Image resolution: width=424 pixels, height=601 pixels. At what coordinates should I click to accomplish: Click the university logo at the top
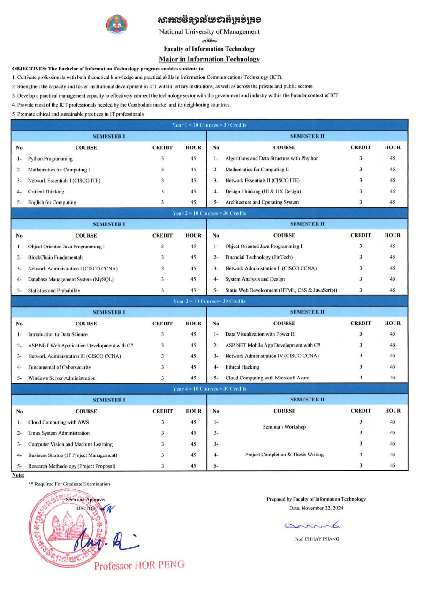(x=117, y=25)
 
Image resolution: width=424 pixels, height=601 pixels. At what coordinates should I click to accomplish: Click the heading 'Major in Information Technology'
(x=209, y=59)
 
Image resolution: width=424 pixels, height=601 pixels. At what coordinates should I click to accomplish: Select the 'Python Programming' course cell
(x=50, y=159)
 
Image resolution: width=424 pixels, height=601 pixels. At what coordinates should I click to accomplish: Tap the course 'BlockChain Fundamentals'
(x=55, y=257)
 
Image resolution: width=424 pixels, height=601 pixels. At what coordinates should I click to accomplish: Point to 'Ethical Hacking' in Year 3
(x=242, y=367)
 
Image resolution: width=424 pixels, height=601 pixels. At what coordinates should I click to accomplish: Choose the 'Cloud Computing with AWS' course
(x=58, y=422)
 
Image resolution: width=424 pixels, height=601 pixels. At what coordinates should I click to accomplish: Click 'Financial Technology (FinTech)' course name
(x=258, y=257)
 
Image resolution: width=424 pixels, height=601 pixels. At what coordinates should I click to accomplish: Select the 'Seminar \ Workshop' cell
(x=284, y=427)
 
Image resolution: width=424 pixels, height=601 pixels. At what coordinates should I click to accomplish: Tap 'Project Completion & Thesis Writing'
(x=284, y=455)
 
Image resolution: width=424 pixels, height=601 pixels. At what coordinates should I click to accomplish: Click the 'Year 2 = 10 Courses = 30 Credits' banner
(x=209, y=213)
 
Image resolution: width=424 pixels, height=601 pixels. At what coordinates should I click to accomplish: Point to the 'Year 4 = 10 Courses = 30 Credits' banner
(x=209, y=389)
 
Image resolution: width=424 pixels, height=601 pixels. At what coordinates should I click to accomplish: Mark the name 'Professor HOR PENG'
(x=139, y=565)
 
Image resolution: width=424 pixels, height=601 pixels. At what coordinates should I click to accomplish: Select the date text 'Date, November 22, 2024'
(x=316, y=508)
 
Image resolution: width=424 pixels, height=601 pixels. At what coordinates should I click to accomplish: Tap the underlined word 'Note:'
(x=18, y=475)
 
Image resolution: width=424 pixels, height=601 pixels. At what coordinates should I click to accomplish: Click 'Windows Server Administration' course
(x=61, y=378)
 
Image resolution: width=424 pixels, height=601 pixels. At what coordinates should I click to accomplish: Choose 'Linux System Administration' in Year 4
(x=59, y=433)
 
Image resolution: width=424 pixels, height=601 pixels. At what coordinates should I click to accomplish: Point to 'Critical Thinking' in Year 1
(x=46, y=192)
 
